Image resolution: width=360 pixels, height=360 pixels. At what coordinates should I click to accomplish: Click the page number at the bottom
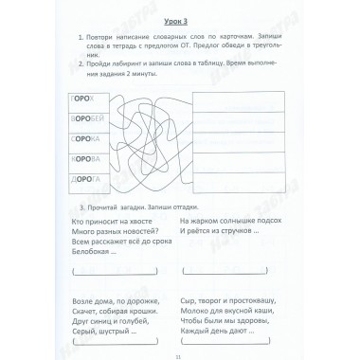click(179, 351)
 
